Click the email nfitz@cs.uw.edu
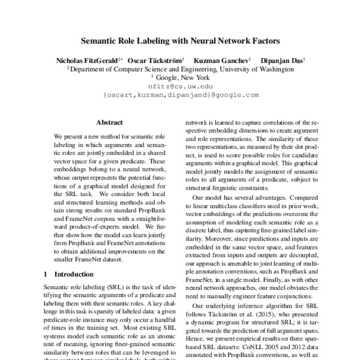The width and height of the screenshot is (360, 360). pos(181,86)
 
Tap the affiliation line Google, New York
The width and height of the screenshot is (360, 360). pos(182,77)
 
